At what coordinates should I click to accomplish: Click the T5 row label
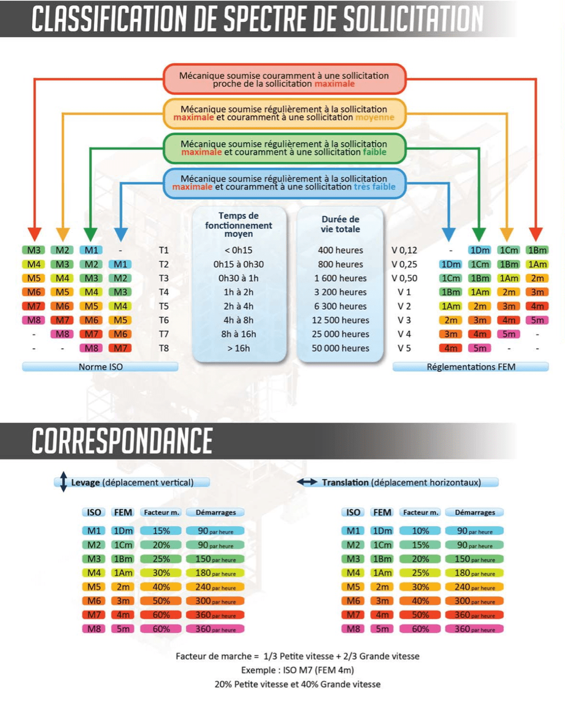coord(164,306)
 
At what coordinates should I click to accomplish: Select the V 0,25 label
coord(404,264)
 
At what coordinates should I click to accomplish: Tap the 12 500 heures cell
coord(340,320)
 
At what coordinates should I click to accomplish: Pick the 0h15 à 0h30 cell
coord(238,264)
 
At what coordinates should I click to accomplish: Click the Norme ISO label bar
coord(100,367)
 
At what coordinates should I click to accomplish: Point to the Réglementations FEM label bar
coord(471,367)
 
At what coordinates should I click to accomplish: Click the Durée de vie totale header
coord(340,224)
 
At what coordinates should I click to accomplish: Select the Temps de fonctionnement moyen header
coord(238,225)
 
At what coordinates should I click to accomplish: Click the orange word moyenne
coord(374,117)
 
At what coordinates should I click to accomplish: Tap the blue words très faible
coord(374,187)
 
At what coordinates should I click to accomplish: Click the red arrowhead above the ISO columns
coord(34,234)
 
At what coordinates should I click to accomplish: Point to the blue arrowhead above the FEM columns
coord(449,234)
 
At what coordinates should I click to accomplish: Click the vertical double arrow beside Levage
coord(64,482)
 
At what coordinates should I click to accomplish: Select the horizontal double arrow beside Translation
coord(307,482)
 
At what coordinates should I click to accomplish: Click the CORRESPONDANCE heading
coord(122,441)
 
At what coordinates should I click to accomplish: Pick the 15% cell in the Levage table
coord(161,531)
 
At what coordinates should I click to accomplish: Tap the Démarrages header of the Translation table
coord(474,512)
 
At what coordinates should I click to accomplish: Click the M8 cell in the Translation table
coord(353,629)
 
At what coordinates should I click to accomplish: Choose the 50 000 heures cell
coord(340,348)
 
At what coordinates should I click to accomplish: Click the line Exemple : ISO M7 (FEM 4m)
coord(298,670)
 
